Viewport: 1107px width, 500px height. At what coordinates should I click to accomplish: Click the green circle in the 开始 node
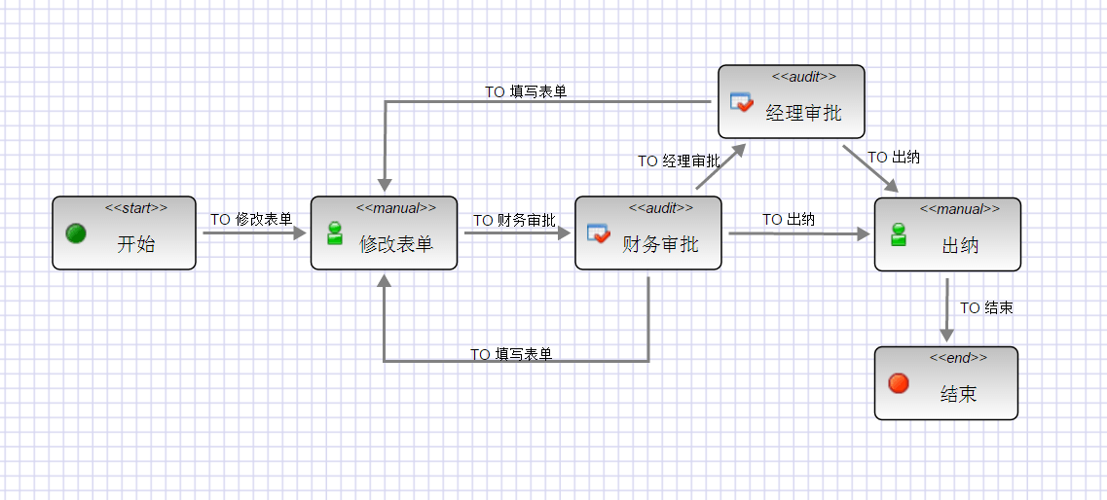pyautogui.click(x=76, y=233)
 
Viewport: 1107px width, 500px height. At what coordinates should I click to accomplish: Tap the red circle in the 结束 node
pyautogui.click(x=899, y=383)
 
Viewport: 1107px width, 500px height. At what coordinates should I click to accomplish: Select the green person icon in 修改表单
pyautogui.click(x=335, y=233)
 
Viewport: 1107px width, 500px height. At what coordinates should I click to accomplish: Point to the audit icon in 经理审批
pyautogui.click(x=741, y=101)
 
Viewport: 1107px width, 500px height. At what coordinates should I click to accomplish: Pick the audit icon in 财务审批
pyautogui.click(x=598, y=233)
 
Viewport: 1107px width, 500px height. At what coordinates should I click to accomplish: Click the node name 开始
pyautogui.click(x=136, y=244)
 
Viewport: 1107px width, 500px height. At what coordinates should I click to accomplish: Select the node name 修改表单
pyautogui.click(x=396, y=244)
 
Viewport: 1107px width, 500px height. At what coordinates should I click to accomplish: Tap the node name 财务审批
pyautogui.click(x=660, y=244)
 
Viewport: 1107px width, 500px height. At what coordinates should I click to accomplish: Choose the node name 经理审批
pyautogui.click(x=803, y=113)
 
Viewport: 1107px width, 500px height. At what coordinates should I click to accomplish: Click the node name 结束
pyautogui.click(x=958, y=394)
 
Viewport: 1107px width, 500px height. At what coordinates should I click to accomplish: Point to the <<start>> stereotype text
pyautogui.click(x=136, y=207)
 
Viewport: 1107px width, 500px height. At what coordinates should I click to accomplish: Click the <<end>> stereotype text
pyautogui.click(x=958, y=358)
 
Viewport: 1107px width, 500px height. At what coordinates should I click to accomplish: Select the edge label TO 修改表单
pyautogui.click(x=251, y=220)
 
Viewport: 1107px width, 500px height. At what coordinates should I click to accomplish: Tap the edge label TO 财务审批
pyautogui.click(x=514, y=221)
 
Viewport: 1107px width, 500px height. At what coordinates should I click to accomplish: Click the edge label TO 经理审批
pyautogui.click(x=679, y=161)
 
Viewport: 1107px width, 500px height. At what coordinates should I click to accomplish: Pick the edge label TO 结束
pyautogui.click(x=986, y=308)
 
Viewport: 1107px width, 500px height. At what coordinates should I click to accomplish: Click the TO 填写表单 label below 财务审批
pyautogui.click(x=511, y=355)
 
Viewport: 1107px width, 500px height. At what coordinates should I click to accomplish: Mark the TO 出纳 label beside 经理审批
pyautogui.click(x=894, y=158)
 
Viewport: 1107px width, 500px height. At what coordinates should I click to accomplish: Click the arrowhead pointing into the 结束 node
pyautogui.click(x=946, y=336)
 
